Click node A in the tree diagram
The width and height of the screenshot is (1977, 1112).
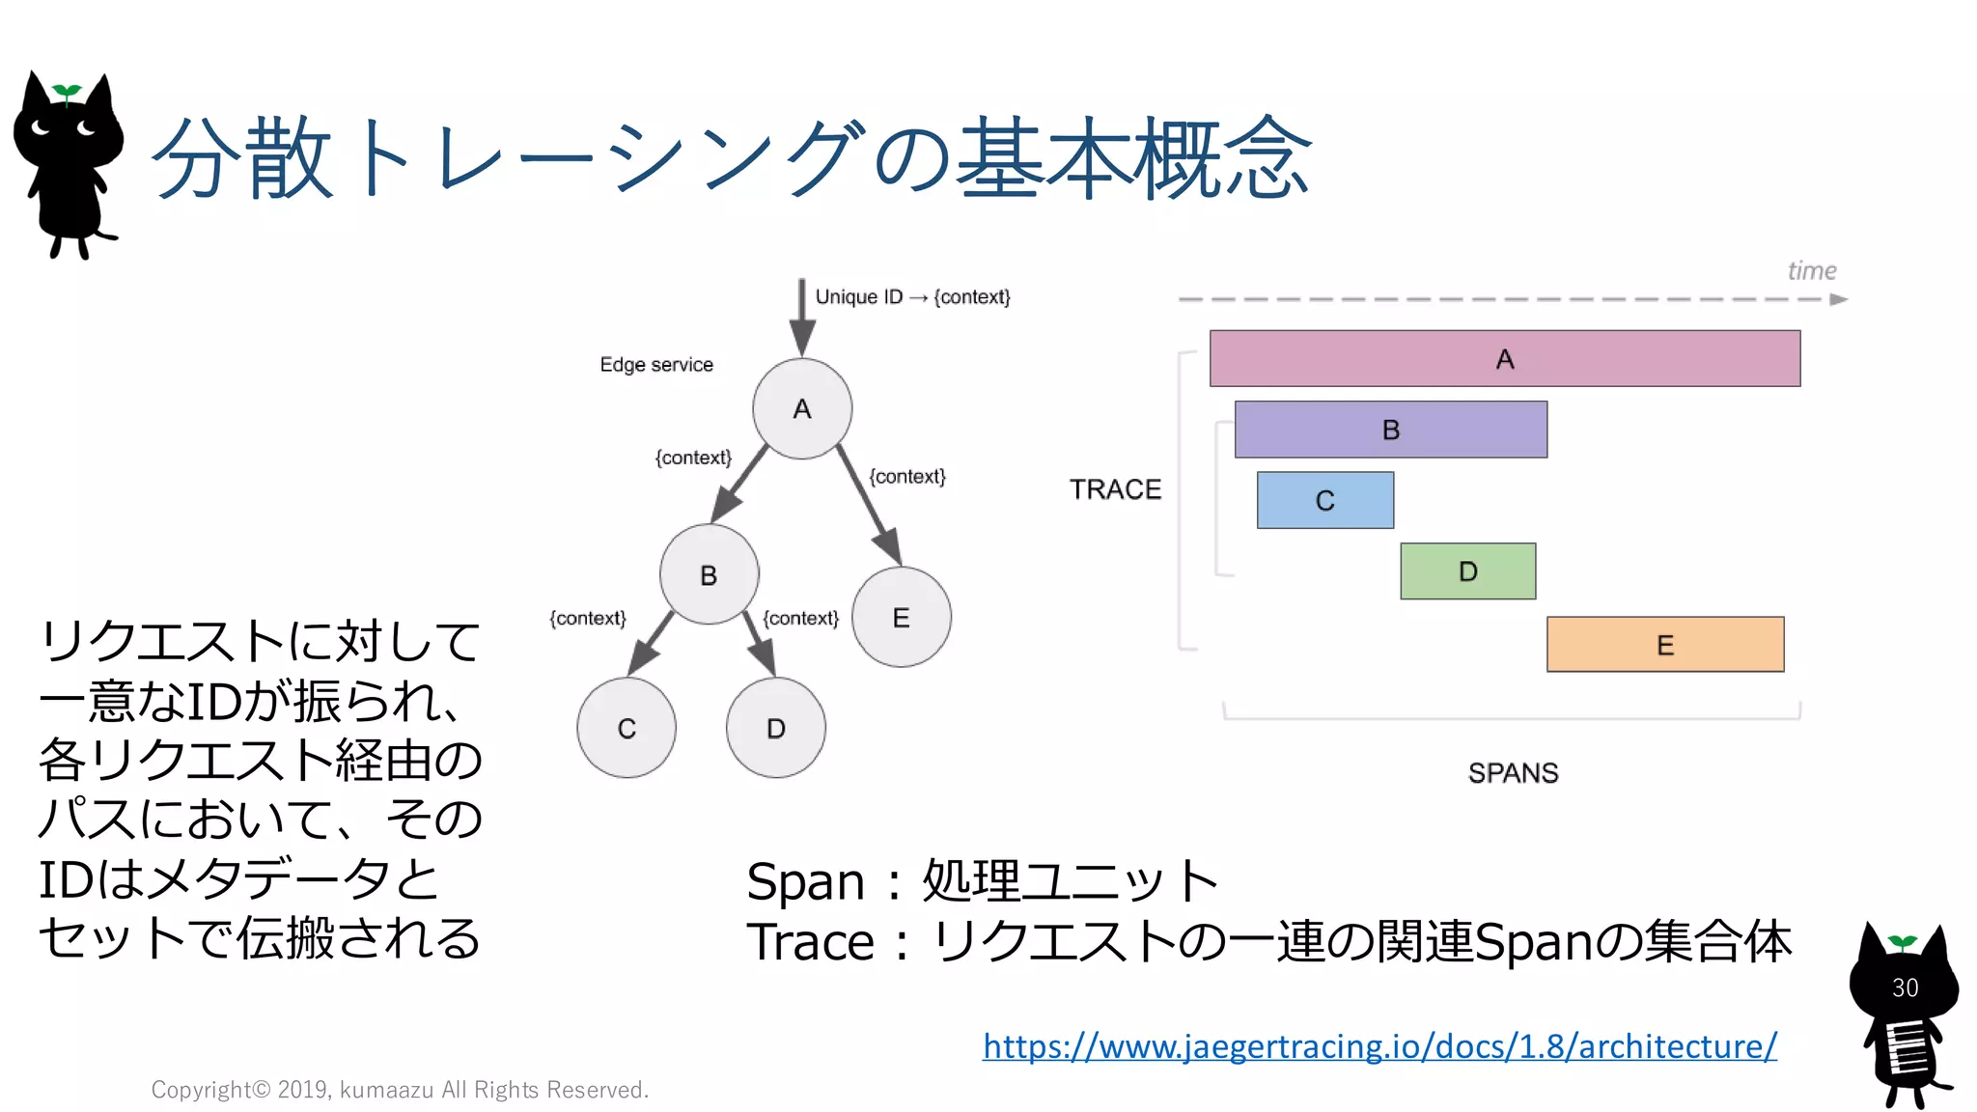(802, 408)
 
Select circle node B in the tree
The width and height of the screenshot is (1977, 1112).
(709, 574)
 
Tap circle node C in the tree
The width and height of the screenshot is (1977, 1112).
(627, 728)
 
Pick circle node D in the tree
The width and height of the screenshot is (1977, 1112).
(776, 728)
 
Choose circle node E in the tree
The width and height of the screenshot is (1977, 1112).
(902, 617)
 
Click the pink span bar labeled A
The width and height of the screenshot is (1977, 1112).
(1504, 358)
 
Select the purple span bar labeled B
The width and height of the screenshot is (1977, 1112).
(1390, 430)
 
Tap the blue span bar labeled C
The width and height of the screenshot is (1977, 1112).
(1324, 500)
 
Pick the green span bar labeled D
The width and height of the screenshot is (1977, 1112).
(1467, 571)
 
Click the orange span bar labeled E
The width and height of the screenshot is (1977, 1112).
(1665, 645)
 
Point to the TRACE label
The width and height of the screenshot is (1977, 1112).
(1115, 489)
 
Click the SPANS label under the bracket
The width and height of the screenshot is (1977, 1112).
(1513, 773)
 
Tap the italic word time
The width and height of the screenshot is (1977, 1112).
(1811, 271)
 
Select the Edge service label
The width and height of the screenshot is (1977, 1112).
(656, 365)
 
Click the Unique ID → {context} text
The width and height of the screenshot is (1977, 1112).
(912, 297)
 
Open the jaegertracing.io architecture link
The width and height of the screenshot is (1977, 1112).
(1379, 1046)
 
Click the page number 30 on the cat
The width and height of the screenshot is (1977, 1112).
(1905, 987)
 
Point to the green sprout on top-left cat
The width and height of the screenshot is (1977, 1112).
(67, 93)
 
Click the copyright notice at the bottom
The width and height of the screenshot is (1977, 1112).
(400, 1090)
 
